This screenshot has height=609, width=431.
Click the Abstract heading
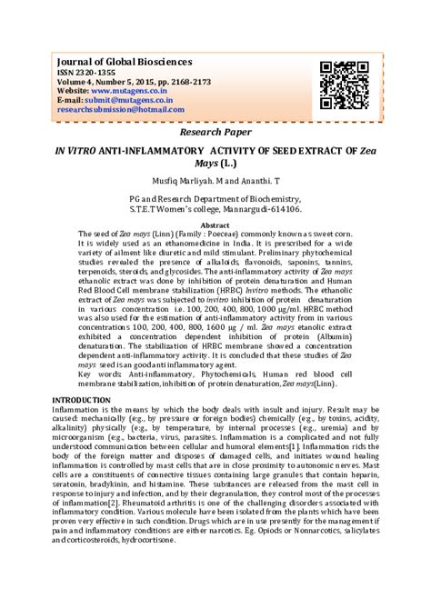click(x=215, y=225)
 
